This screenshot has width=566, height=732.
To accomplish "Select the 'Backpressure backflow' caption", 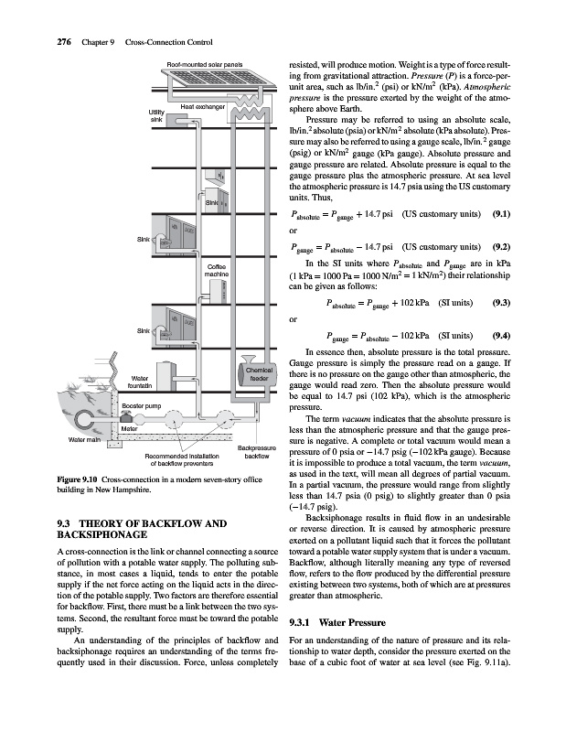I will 257,451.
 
